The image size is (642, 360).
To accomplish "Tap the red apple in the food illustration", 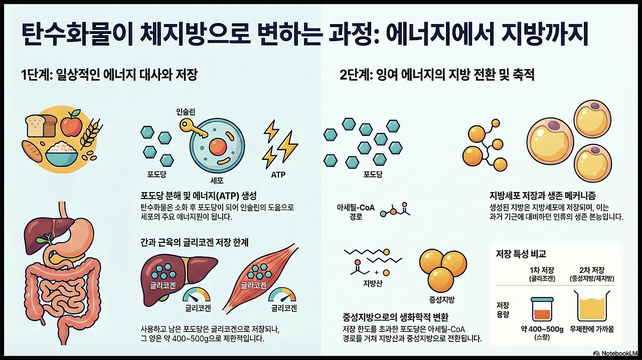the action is pos(71,125).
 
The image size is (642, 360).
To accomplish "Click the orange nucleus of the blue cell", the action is pos(218,146).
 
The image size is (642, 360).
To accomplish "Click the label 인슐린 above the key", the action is pos(187,112).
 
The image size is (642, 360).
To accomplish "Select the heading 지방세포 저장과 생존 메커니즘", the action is pos(543,195).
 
